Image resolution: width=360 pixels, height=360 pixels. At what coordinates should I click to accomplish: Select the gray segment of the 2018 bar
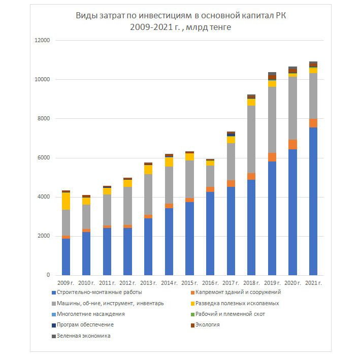[x=251, y=139]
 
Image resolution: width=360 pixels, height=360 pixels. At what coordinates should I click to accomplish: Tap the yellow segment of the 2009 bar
[x=66, y=201]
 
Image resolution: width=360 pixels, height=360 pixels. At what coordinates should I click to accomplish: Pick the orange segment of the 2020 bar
[x=292, y=144]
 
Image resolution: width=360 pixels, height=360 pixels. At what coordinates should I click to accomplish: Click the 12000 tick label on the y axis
[x=43, y=41]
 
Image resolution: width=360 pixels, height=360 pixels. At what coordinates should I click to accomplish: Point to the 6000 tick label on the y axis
[x=44, y=158]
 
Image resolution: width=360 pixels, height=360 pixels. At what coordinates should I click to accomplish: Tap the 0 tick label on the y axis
[x=49, y=275]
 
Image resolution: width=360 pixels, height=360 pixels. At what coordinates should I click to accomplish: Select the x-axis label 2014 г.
[x=169, y=283]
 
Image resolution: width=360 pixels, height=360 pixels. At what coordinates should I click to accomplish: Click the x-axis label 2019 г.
[x=272, y=283]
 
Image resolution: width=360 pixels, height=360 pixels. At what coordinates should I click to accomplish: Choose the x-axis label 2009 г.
[x=66, y=283]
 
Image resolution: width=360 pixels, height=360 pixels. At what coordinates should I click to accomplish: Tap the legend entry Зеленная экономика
[x=84, y=336]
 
